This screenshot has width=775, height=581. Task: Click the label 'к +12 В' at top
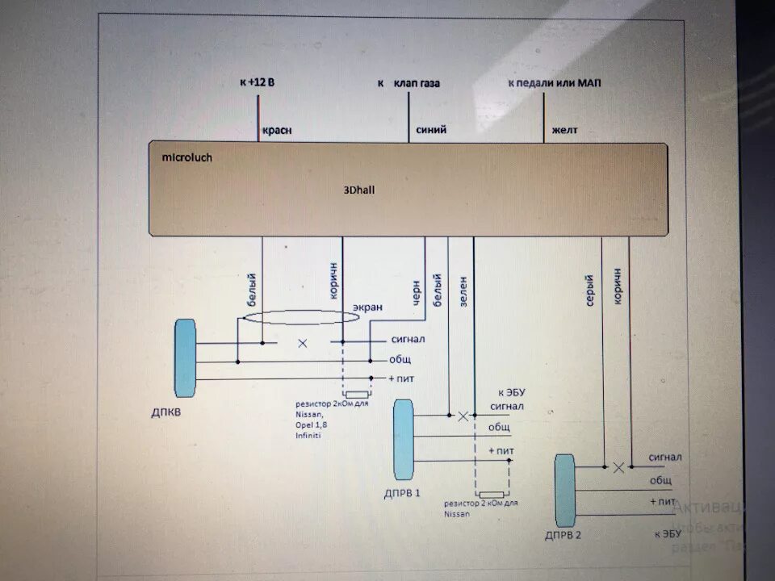click(x=257, y=82)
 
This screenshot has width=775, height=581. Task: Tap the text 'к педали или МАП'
click(x=554, y=83)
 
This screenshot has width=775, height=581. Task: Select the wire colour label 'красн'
click(x=276, y=130)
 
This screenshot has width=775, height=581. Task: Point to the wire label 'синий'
click(x=431, y=130)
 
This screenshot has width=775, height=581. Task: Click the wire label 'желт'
click(x=564, y=130)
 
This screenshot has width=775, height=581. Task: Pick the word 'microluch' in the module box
click(x=187, y=157)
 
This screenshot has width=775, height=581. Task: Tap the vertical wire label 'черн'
click(x=417, y=289)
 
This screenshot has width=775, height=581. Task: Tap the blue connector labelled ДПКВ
click(x=185, y=357)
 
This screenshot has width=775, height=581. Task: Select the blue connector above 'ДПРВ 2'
click(x=565, y=490)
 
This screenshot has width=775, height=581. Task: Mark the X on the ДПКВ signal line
click(x=303, y=343)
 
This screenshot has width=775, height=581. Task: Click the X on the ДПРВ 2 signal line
click(x=618, y=467)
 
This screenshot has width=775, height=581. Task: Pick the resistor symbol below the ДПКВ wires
click(x=357, y=395)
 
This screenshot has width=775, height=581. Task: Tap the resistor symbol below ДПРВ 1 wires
click(x=490, y=495)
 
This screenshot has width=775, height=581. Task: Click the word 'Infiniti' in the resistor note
click(x=308, y=435)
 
